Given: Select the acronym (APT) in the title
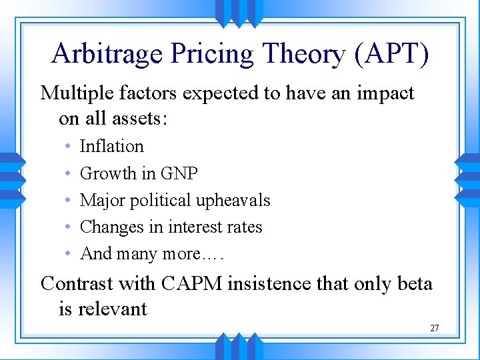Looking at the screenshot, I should [x=392, y=54].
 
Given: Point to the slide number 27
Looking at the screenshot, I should [x=434, y=328].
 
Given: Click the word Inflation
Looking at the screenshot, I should [x=111, y=146].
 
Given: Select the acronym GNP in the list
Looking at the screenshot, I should [x=179, y=173].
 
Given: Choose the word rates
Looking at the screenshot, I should [x=245, y=227].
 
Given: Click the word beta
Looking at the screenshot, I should [x=413, y=283].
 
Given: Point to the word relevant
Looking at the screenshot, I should [x=112, y=309].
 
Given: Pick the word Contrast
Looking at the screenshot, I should [x=77, y=283].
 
